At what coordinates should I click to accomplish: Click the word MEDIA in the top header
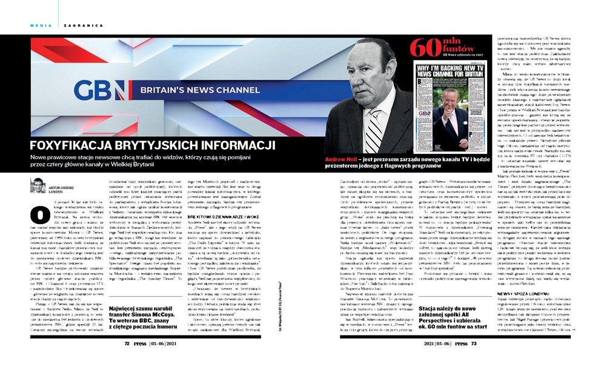pyautogui.click(x=40, y=25)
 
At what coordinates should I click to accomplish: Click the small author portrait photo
pyautogui.click(x=37, y=185)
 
